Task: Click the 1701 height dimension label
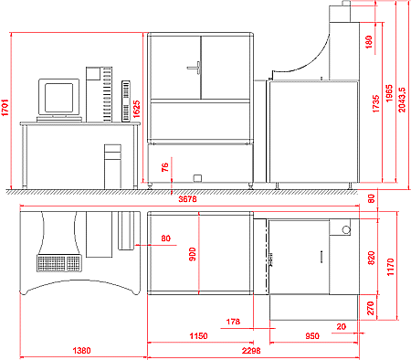[x=5, y=107]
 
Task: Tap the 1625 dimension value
[x=136, y=109]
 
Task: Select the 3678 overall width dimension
[x=187, y=199]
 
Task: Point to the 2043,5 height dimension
[x=402, y=100]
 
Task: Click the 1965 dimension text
[x=389, y=93]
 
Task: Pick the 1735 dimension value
[x=376, y=103]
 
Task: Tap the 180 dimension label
[x=369, y=42]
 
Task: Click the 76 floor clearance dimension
[x=164, y=167]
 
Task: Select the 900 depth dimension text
[x=193, y=254]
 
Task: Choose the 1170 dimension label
[x=390, y=267]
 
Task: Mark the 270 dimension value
[x=371, y=308]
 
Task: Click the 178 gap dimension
[x=233, y=322]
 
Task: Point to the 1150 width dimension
[x=198, y=336]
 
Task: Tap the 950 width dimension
[x=312, y=336]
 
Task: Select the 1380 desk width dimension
[x=81, y=351]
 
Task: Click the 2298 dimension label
[x=251, y=351]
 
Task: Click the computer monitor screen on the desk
[x=59, y=98]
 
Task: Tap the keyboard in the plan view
[x=59, y=263]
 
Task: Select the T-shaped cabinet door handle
[x=195, y=68]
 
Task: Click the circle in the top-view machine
[x=346, y=229]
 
